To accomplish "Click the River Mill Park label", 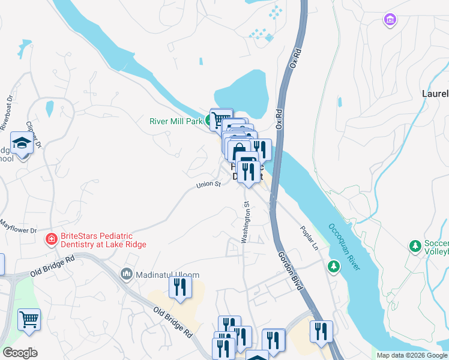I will click(176, 121).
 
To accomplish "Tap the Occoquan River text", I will click(344, 247).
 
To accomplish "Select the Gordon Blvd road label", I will click(291, 272).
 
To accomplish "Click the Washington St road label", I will click(246, 223).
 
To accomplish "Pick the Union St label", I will click(209, 185).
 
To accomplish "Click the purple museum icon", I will click(390, 20).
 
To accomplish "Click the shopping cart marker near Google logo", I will click(29, 319).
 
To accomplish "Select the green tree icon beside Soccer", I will click(414, 246).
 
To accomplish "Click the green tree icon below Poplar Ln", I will click(333, 265).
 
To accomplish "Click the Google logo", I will click(20, 353).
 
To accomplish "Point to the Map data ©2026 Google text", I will click(411, 355).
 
